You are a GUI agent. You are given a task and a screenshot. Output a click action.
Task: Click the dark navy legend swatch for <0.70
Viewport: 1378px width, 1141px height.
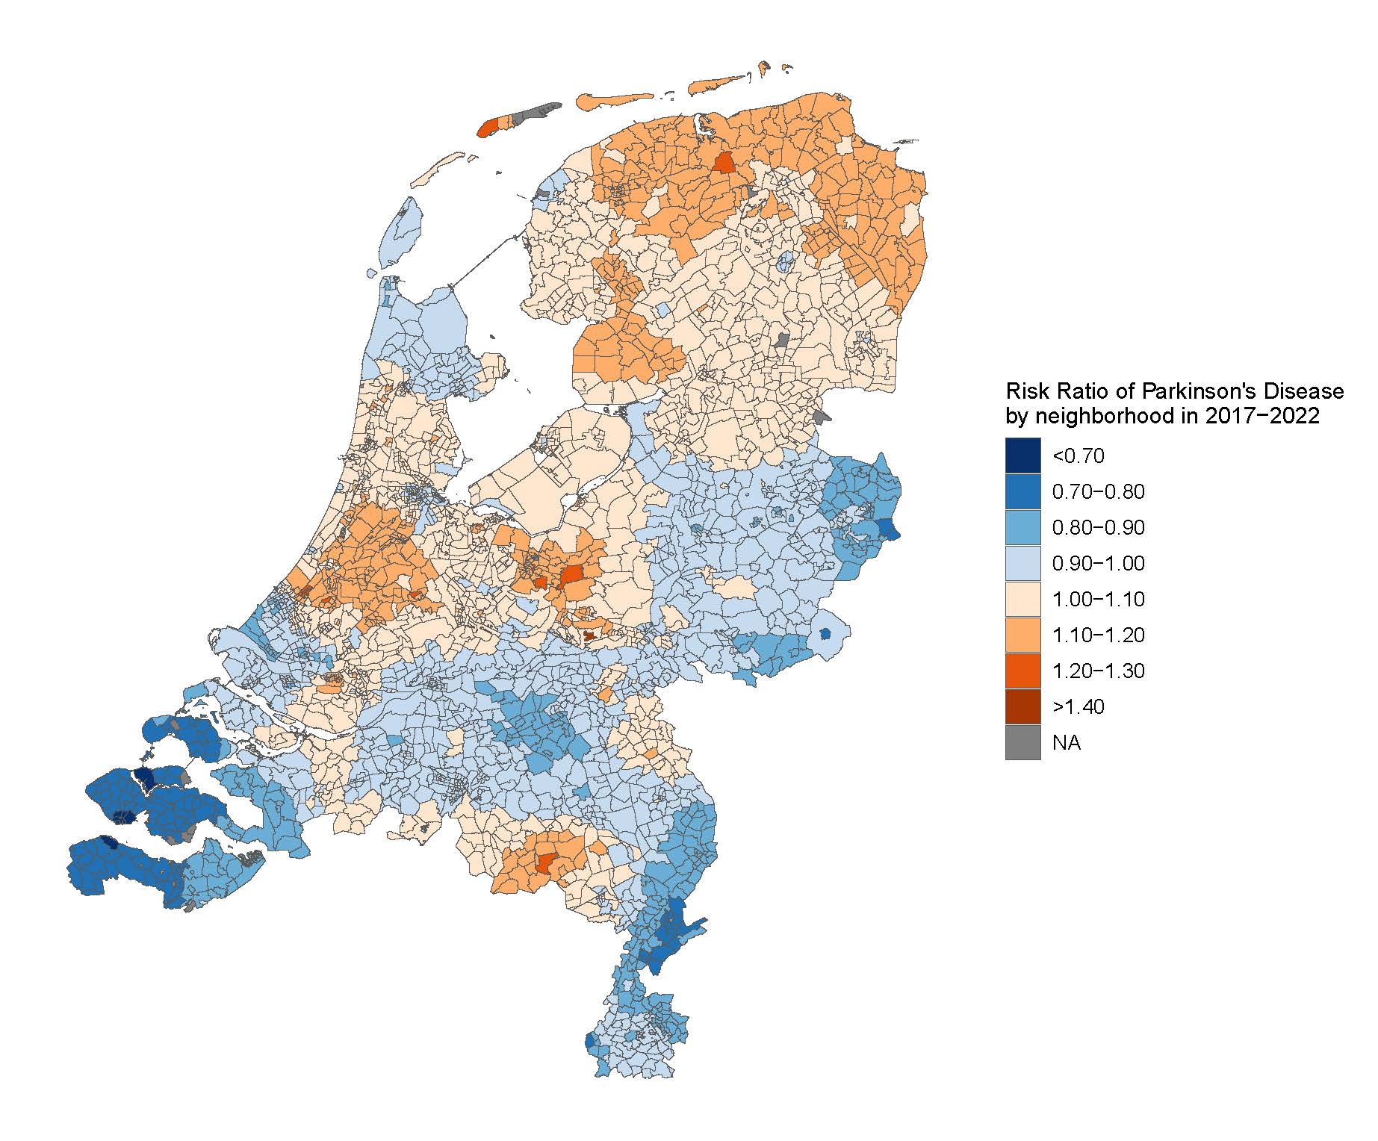click(1022, 456)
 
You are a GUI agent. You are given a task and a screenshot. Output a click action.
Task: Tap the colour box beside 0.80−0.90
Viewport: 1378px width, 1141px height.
click(1022, 527)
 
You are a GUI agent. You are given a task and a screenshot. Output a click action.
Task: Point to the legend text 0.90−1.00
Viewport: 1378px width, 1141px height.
click(1097, 563)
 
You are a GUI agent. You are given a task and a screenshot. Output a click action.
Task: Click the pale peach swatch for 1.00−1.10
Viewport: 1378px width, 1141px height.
click(1022, 599)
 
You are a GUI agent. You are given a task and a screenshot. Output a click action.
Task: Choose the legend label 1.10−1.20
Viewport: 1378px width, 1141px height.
click(1097, 635)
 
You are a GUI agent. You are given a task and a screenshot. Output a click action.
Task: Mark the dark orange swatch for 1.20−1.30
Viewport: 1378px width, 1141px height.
click(1022, 671)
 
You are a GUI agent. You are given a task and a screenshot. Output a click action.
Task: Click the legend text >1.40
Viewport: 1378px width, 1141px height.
click(1078, 706)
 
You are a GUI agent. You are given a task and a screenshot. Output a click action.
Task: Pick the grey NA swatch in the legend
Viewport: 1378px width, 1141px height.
click(1022, 742)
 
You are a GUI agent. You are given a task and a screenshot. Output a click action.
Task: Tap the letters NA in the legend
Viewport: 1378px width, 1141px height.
click(1066, 742)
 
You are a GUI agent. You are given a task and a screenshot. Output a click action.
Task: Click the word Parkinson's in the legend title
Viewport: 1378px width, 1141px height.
click(1194, 391)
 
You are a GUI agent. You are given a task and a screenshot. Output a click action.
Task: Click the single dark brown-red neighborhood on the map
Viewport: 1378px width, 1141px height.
click(589, 636)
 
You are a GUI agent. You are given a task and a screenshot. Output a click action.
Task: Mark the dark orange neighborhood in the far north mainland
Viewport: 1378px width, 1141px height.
click(723, 163)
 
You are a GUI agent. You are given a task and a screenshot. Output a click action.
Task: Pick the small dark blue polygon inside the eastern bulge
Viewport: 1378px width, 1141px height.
click(825, 633)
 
